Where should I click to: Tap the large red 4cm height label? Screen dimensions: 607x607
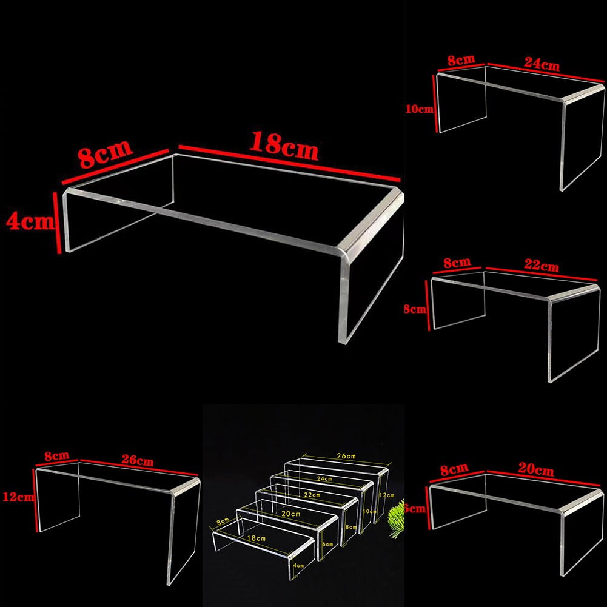point(28,221)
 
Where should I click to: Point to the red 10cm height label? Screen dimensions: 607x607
point(420,109)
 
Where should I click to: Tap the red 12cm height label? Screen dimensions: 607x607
point(16,497)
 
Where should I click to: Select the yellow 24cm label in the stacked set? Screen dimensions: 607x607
point(324,478)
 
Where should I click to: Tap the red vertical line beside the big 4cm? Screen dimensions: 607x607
point(57,222)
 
